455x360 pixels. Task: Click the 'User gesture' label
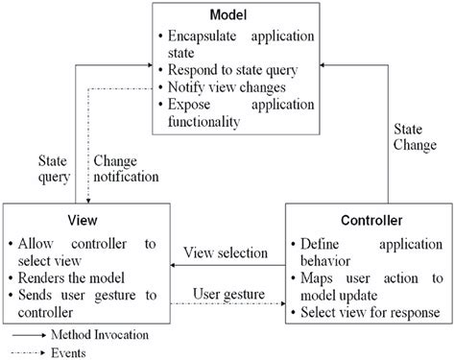point(230,291)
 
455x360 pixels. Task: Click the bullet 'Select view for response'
point(369,313)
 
